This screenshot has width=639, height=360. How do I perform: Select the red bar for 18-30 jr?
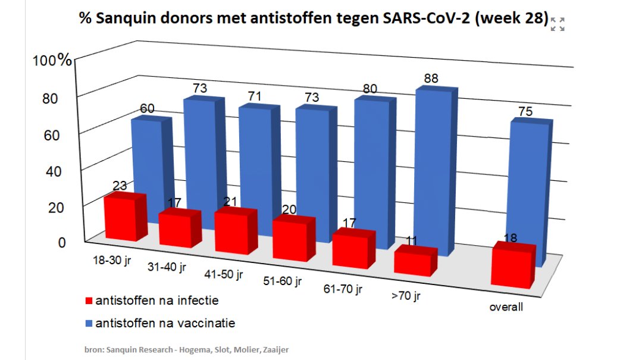[x=123, y=218]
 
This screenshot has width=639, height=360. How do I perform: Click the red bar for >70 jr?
[x=414, y=262]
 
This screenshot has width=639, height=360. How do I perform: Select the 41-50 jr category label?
[x=223, y=275]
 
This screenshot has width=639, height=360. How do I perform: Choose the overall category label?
[x=506, y=308]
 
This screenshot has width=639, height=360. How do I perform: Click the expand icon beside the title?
[x=557, y=24]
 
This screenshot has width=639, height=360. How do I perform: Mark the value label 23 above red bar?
[x=119, y=186]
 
